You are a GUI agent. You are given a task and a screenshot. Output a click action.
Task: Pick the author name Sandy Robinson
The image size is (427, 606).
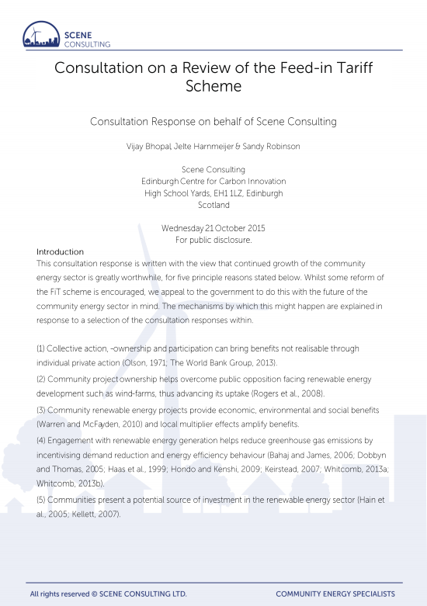(x=269, y=146)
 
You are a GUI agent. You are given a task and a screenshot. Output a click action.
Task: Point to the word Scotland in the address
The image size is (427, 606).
(x=213, y=205)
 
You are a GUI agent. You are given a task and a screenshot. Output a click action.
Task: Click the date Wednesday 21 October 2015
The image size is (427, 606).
(x=213, y=228)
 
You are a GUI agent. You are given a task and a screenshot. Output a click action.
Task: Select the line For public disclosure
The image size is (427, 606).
(x=213, y=240)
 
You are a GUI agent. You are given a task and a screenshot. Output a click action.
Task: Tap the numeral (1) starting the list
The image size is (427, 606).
(x=43, y=349)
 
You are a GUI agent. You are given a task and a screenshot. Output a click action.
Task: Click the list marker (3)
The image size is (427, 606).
(x=43, y=409)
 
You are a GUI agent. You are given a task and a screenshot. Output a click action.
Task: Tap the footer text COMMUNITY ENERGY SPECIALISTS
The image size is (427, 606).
(x=335, y=594)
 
